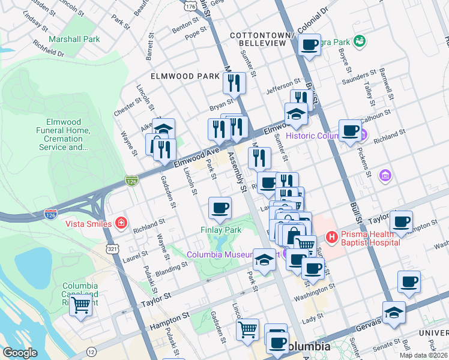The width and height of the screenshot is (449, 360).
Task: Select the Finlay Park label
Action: (220, 230)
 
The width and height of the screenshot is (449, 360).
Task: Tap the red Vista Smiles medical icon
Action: (121, 223)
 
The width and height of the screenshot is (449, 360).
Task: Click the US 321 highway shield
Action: (111, 248)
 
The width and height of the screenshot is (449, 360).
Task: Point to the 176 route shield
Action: (191, 5)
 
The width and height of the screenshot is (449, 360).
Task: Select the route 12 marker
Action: (91, 350)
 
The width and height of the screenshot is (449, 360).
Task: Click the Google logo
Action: (20, 353)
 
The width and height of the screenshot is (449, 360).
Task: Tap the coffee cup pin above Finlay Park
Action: (220, 208)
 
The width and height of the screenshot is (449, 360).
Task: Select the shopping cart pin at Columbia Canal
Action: (80, 305)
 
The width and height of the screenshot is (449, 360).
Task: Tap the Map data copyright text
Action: (423, 355)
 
